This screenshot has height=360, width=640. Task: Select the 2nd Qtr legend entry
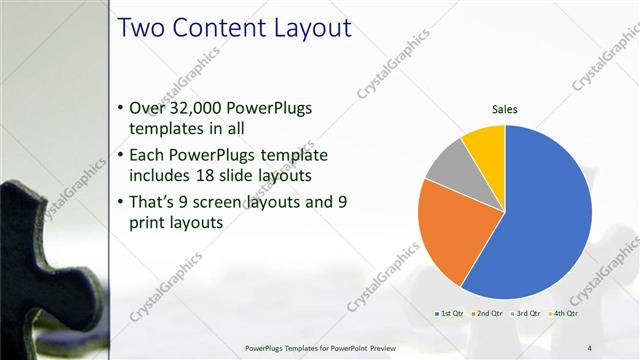pyautogui.click(x=489, y=314)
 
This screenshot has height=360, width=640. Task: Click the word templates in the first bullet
pyautogui.click(x=169, y=129)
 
